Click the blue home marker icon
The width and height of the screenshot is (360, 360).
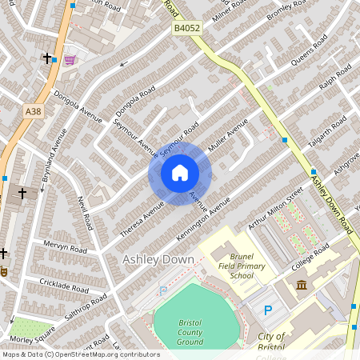180,173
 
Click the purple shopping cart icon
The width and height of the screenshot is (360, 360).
70,59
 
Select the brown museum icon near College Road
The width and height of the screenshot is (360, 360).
302,286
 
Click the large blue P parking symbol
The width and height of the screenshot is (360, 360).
268,310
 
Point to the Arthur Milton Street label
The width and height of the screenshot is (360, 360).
276,210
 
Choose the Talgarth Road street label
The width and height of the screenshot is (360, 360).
329,136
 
